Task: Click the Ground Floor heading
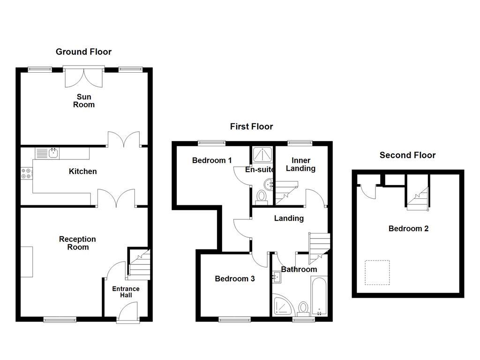pyautogui.click(x=83, y=52)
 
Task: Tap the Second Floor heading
pyautogui.click(x=407, y=155)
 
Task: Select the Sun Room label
pyautogui.click(x=83, y=101)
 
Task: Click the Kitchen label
pyautogui.click(x=83, y=172)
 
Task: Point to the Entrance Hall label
pyautogui.click(x=126, y=292)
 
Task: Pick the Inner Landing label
pyautogui.click(x=300, y=165)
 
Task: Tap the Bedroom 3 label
pyautogui.click(x=234, y=279)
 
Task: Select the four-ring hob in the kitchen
pyautogui.click(x=26, y=173)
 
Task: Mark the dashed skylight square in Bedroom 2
pyautogui.click(x=377, y=273)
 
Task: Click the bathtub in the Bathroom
pyautogui.click(x=319, y=297)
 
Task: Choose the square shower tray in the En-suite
pyautogui.click(x=262, y=155)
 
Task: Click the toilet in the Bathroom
pyautogui.click(x=303, y=309)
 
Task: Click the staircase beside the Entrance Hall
pyautogui.click(x=139, y=264)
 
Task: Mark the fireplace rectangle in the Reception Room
pyautogui.click(x=27, y=262)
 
